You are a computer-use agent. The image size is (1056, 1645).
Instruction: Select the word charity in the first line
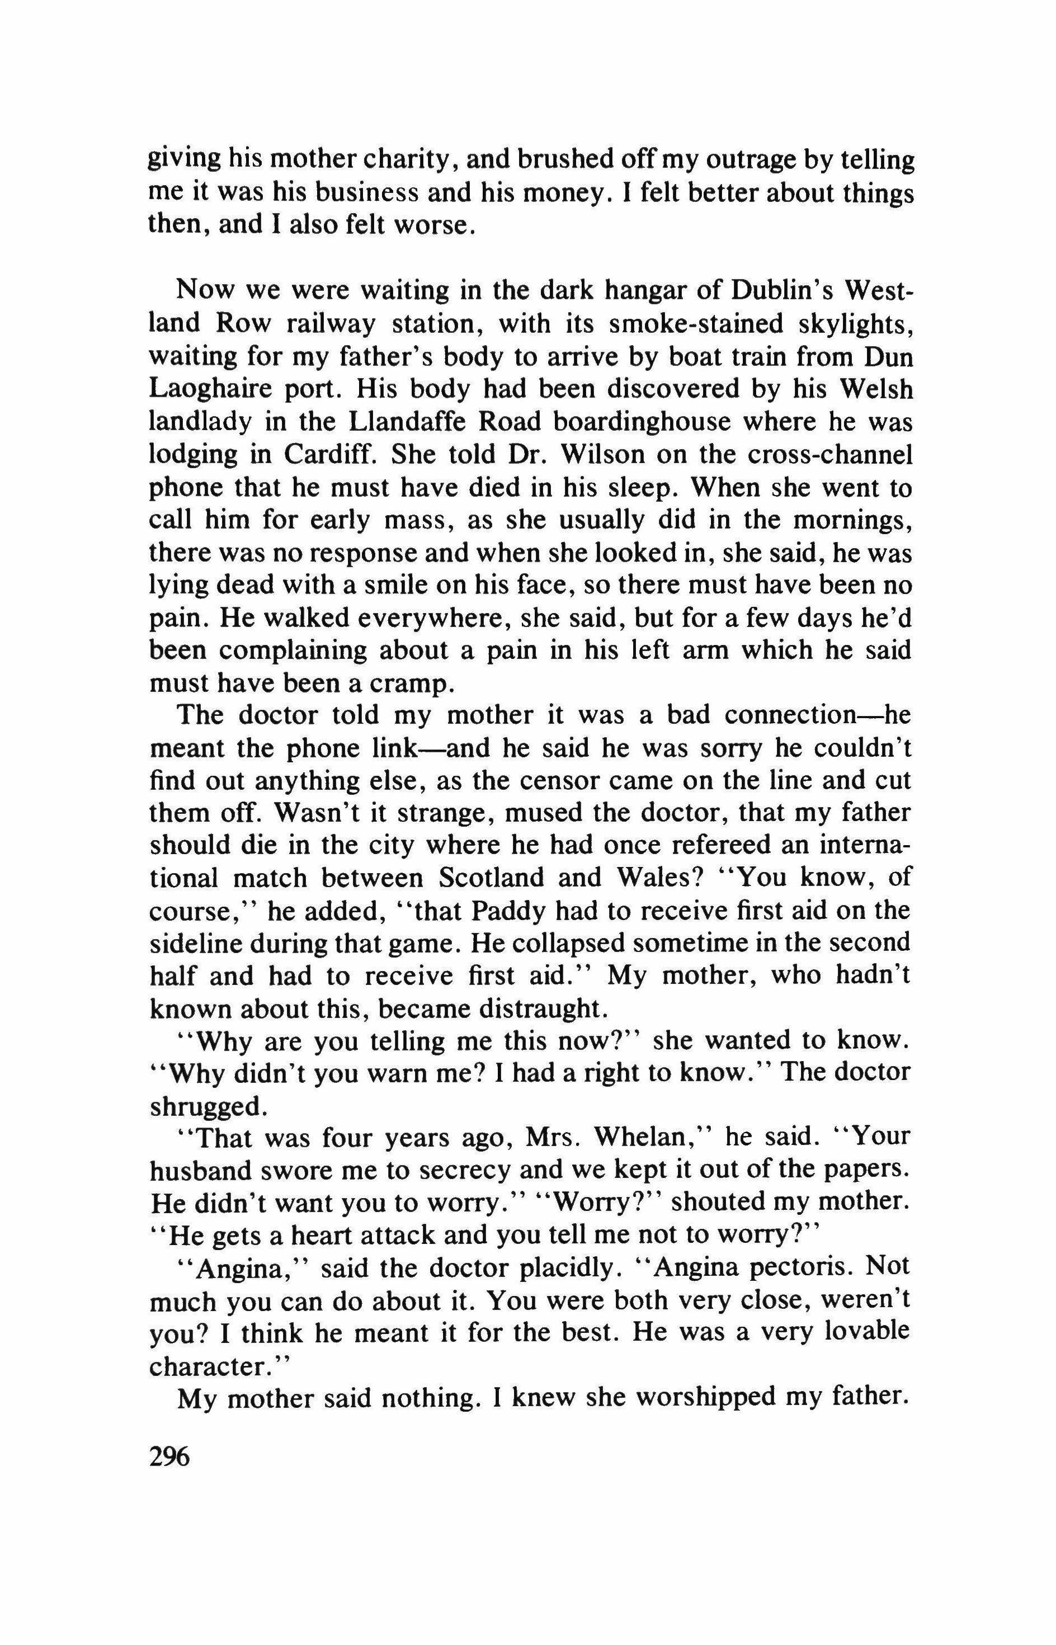(x=404, y=161)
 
